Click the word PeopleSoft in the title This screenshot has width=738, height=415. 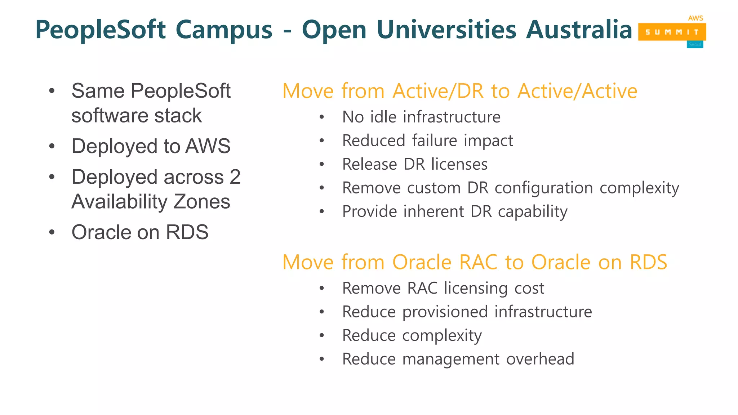click(101, 30)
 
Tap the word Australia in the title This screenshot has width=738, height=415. click(579, 30)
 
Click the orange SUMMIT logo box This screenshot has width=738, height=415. click(672, 32)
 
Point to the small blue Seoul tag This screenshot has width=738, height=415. click(695, 45)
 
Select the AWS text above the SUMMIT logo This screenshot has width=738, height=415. click(695, 18)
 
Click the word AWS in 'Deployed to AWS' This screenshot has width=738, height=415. click(208, 146)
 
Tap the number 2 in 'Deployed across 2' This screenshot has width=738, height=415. click(235, 177)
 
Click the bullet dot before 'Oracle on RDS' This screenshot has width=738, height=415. click(52, 232)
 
